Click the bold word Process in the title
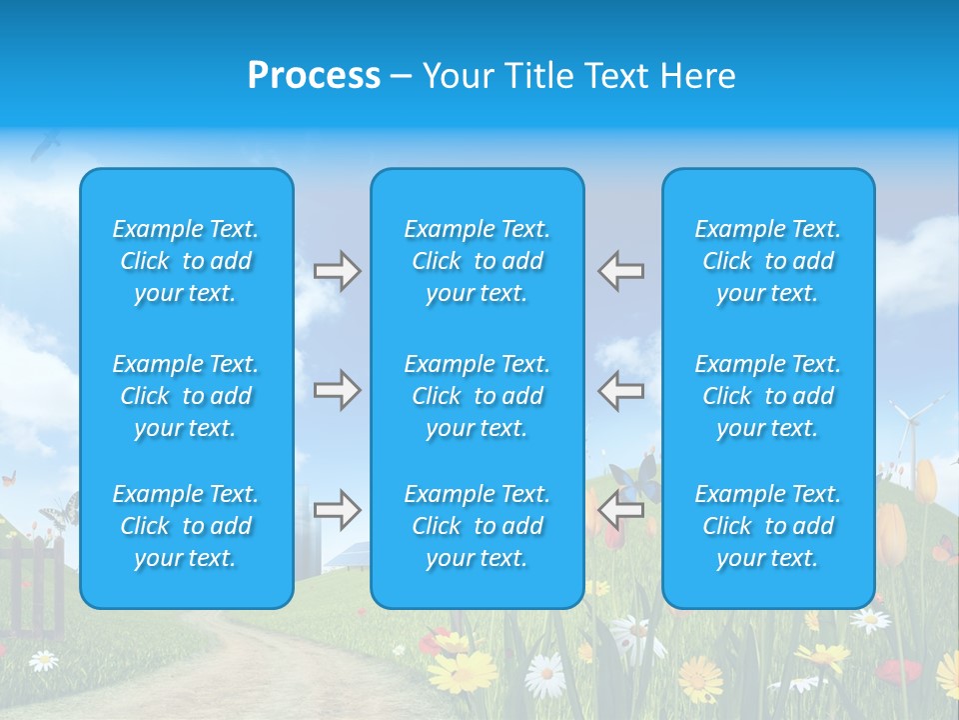tap(314, 76)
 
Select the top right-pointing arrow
tap(338, 271)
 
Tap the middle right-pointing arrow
tap(338, 390)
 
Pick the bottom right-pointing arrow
tap(338, 510)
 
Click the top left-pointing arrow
tap(620, 271)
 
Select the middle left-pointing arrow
tap(620, 390)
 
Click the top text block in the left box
tap(186, 261)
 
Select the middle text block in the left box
tap(186, 396)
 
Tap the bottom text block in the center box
tap(478, 526)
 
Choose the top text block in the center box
tap(478, 261)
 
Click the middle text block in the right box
tap(768, 396)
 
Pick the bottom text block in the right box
tap(768, 526)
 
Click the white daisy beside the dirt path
tap(43, 660)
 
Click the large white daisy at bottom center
tap(545, 674)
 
